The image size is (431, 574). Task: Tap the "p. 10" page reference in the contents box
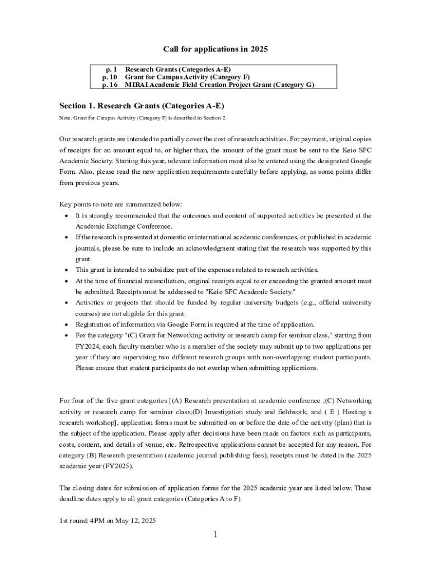109,77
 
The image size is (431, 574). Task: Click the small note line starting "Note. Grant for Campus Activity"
143,118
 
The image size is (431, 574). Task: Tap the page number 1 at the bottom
215,534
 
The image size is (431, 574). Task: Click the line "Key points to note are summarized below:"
120,205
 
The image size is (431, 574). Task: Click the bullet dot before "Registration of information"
67,325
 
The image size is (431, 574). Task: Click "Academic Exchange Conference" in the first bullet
123,226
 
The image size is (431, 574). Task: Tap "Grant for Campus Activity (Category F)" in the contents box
187,77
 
